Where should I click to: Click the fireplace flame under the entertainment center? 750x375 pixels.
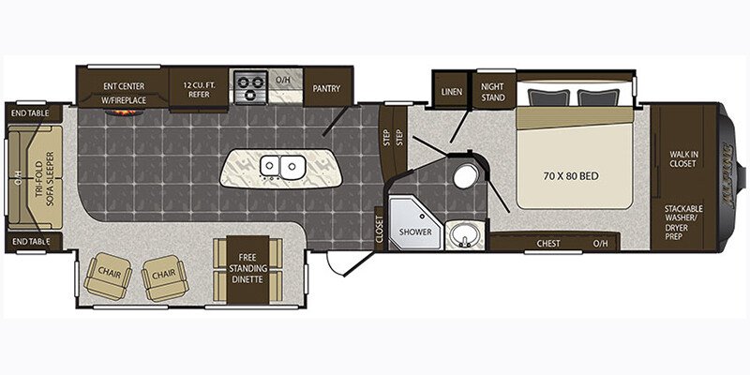125,112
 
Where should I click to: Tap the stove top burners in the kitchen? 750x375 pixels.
250,86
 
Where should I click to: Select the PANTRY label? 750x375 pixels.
326,88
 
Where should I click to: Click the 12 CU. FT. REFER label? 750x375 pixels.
199,90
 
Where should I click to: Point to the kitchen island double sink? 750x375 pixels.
282,168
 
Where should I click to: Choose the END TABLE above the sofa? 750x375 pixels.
32,114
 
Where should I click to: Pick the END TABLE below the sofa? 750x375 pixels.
32,242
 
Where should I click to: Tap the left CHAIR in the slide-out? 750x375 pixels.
108,276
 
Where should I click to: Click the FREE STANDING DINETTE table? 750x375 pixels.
247,269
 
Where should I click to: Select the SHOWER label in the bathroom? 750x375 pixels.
415,232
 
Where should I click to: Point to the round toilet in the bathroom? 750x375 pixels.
465,176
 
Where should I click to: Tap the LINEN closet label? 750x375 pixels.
451,91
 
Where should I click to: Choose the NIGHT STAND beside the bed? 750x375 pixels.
493,92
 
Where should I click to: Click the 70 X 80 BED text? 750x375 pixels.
571,176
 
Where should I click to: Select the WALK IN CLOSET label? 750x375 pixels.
682,159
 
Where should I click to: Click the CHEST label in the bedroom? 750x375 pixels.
548,243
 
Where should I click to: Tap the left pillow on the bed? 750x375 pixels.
548,97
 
